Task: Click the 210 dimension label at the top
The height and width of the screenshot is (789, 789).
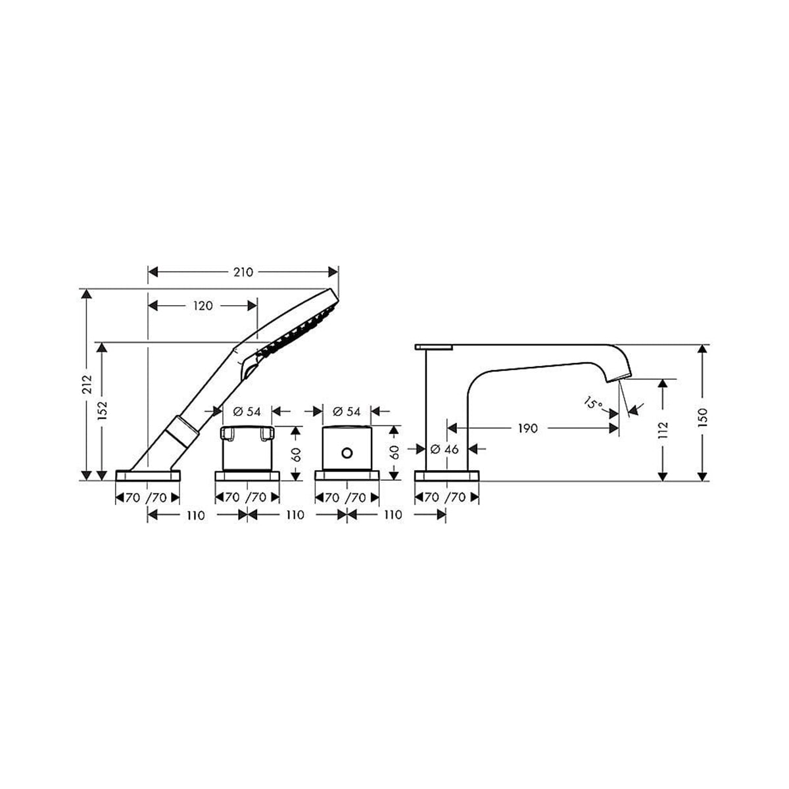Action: (243, 272)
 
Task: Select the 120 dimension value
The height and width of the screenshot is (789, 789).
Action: (203, 305)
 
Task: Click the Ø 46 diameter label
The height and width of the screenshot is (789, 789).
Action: (445, 450)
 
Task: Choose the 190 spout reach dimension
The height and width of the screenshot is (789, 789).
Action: (527, 428)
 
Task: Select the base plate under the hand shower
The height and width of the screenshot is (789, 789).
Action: (148, 475)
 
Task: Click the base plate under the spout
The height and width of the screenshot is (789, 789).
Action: (446, 475)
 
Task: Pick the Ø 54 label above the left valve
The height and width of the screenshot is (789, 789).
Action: (247, 412)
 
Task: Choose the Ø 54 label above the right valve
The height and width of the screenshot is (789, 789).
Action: (347, 412)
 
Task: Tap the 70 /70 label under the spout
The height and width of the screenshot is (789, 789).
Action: (446, 497)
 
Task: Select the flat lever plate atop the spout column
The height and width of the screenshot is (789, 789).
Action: (434, 346)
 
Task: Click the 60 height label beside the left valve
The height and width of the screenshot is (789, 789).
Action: (297, 453)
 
